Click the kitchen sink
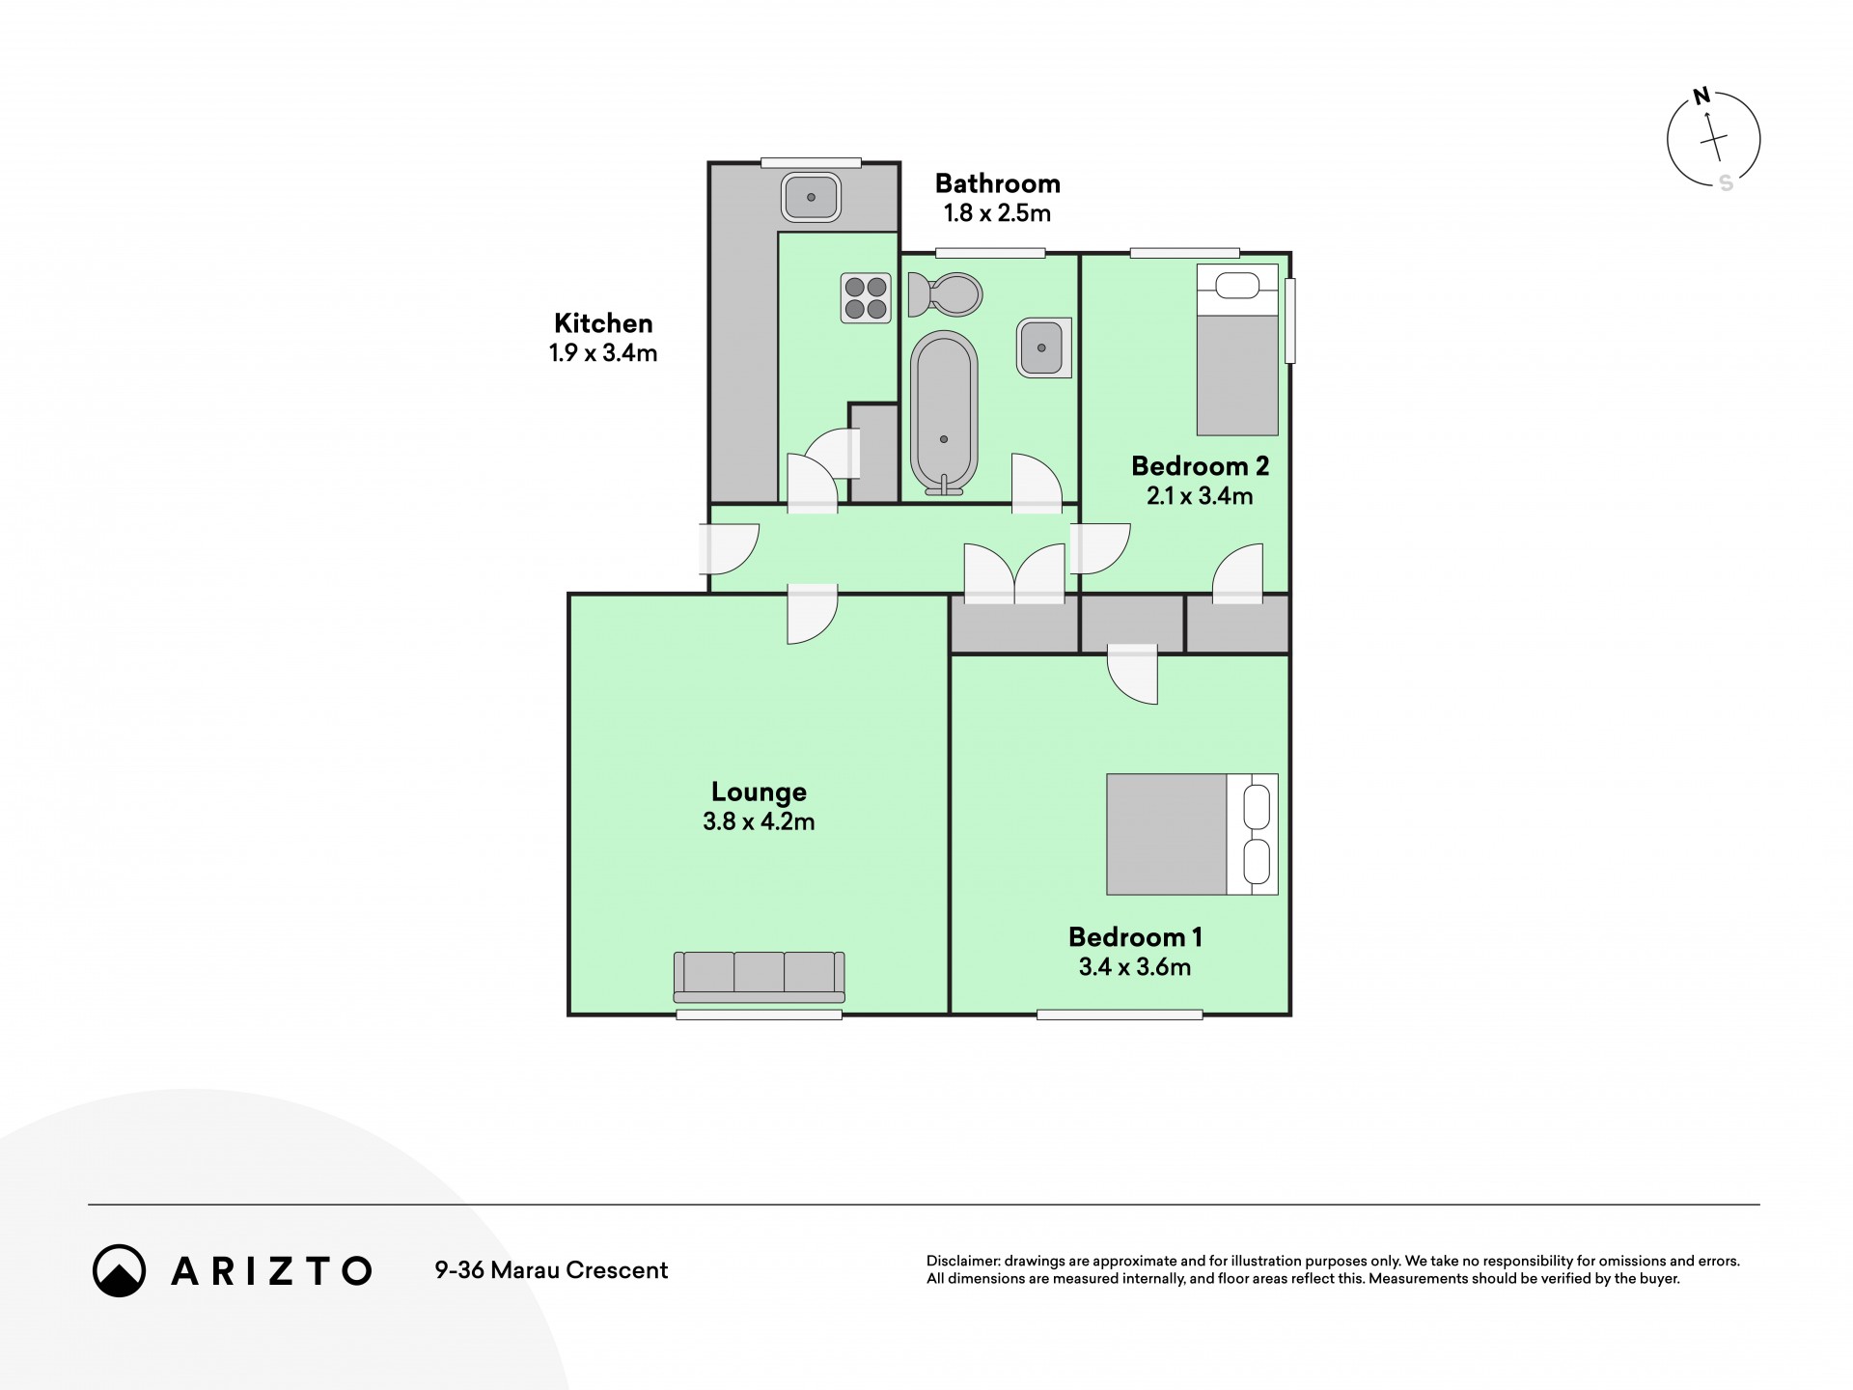(x=811, y=197)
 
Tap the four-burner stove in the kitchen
(x=866, y=298)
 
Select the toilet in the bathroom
(x=945, y=294)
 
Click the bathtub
(x=944, y=413)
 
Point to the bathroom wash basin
(x=1043, y=347)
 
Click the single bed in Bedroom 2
(x=1237, y=349)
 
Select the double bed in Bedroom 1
(x=1192, y=834)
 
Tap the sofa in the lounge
(x=759, y=977)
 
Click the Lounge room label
(x=759, y=792)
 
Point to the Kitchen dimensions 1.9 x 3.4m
(x=603, y=353)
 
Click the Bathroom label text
(x=997, y=183)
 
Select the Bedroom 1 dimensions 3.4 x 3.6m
(x=1135, y=967)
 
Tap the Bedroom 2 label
(x=1200, y=466)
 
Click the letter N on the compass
(x=1702, y=96)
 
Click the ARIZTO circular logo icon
(x=119, y=1270)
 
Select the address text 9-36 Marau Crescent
(x=551, y=1270)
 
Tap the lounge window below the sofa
(x=759, y=1015)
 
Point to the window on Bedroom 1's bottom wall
(x=1120, y=1015)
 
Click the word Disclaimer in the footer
(x=962, y=1261)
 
